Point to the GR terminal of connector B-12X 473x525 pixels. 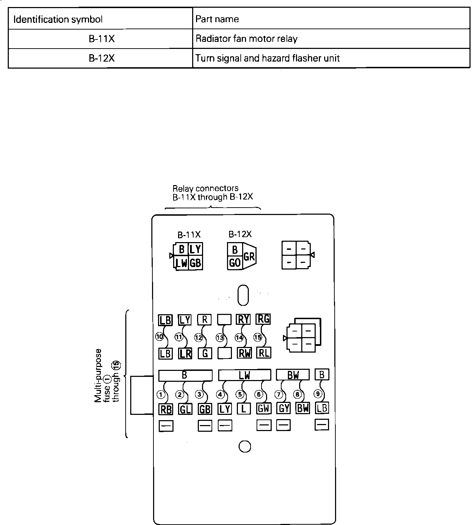coord(249,257)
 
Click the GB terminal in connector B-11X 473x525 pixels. coord(196,263)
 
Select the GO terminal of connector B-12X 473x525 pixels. coord(235,262)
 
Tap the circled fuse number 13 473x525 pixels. coord(220,337)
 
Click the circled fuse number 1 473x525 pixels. coord(161,394)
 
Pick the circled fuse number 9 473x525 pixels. coord(318,394)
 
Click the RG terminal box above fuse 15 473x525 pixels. coord(264,319)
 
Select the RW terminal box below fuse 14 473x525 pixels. coord(244,353)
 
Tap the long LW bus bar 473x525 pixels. coord(245,375)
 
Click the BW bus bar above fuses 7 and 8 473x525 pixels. coord(293,375)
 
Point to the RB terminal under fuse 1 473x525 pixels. coord(166,409)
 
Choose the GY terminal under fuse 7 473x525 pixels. coord(284,408)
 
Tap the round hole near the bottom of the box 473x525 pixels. coord(245,447)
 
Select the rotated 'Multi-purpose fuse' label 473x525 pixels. coord(107,375)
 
